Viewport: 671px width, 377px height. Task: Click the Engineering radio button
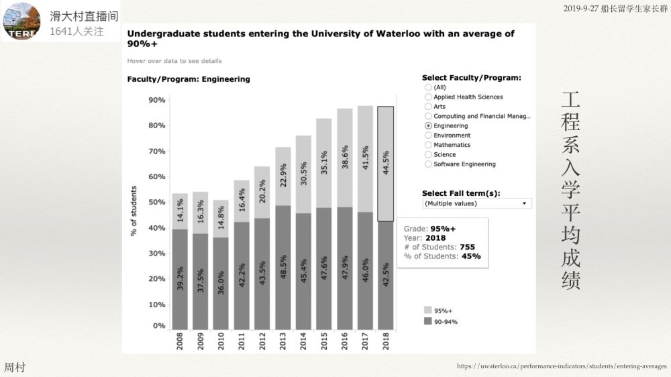tap(428, 125)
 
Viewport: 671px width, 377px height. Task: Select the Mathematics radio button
tap(428, 145)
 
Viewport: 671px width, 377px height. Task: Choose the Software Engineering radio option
tap(428, 164)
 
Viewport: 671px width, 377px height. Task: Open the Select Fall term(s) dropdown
tap(476, 203)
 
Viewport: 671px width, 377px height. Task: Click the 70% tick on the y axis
tap(156, 151)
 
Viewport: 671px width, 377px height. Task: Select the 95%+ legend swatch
tap(427, 311)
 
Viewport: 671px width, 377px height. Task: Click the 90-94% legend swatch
tap(427, 322)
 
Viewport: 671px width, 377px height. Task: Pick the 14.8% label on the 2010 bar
tap(221, 219)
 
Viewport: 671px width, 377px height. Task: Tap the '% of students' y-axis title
tap(133, 211)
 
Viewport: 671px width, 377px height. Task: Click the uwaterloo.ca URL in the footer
tap(562, 366)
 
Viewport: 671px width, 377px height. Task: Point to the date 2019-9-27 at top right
tap(581, 9)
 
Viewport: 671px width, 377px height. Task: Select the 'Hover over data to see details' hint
tap(174, 61)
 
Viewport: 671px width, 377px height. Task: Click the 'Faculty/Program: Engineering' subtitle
tap(189, 79)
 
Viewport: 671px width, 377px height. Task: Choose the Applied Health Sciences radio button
tap(428, 97)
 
